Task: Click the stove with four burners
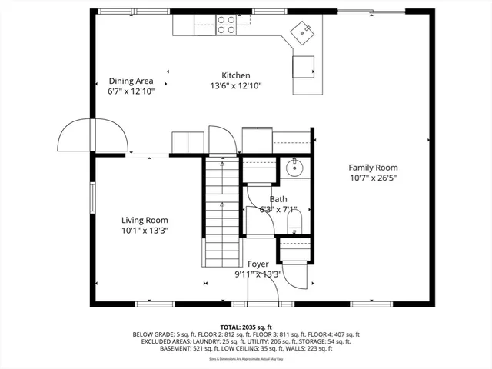tap(225, 25)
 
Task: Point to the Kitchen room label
tap(236, 75)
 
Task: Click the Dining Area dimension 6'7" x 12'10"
tap(131, 91)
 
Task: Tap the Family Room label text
tap(373, 168)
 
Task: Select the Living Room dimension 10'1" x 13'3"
tap(145, 230)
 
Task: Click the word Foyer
tap(258, 264)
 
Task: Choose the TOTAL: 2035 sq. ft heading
tap(245, 327)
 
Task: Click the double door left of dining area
tap(93, 137)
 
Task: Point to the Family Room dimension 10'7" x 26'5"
tap(373, 178)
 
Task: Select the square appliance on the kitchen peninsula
tap(304, 66)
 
